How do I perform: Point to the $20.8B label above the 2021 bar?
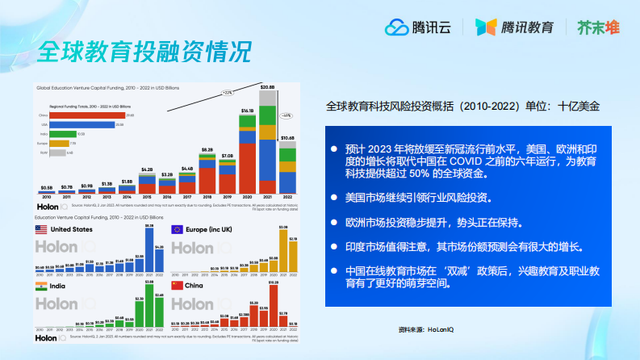pyautogui.click(x=266, y=86)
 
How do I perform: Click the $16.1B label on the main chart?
pyautogui.click(x=248, y=110)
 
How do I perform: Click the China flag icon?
pyautogui.click(x=177, y=286)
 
